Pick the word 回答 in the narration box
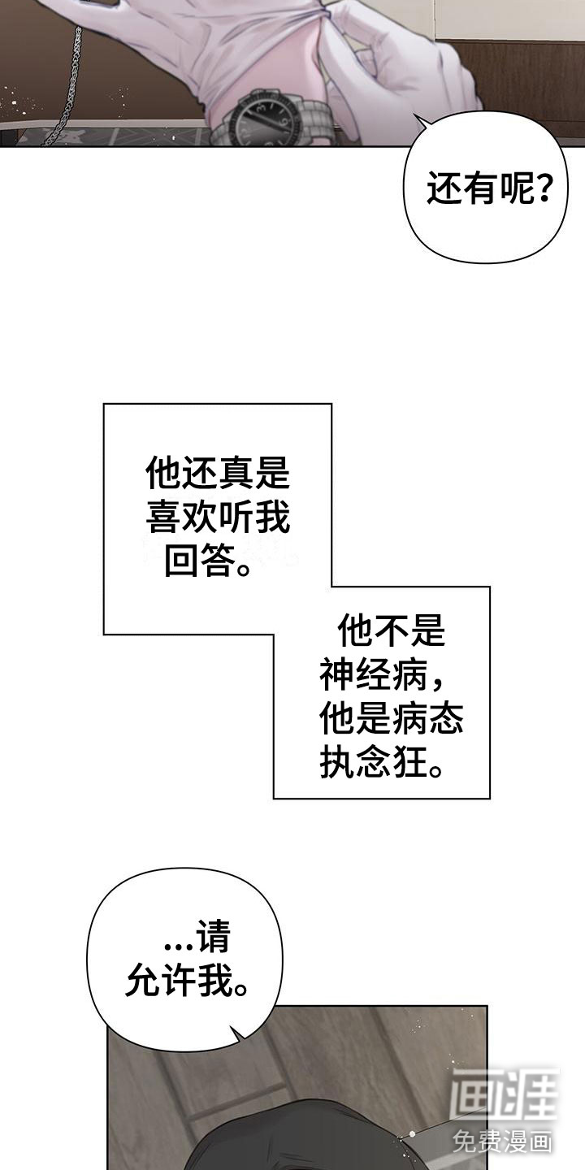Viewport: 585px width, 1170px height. pyautogui.click(x=197, y=561)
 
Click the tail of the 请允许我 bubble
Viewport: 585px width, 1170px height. pyautogui.click(x=236, y=1033)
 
